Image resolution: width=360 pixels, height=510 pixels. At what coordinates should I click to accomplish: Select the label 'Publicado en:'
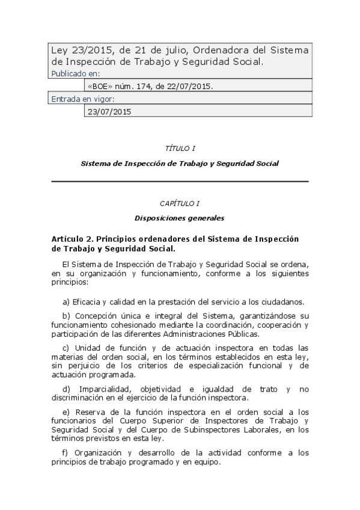74,73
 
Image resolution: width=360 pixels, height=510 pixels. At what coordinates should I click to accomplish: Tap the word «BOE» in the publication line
99,86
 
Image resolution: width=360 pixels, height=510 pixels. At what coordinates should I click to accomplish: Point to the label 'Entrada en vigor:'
83,99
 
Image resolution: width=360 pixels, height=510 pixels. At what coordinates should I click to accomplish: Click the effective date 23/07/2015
109,111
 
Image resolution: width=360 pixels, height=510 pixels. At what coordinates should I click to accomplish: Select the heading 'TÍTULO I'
180,147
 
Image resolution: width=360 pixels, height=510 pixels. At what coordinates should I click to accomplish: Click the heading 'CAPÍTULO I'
180,204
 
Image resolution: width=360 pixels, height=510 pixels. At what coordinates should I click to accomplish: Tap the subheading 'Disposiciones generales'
180,218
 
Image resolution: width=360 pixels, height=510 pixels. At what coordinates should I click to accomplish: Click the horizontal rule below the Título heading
180,181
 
